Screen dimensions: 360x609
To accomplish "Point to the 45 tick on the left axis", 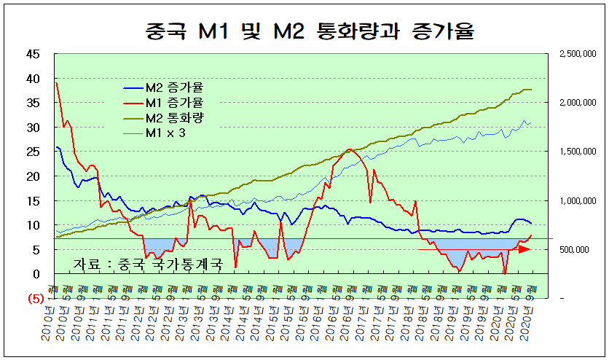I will (33, 53).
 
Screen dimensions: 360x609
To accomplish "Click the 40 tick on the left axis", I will (33, 78).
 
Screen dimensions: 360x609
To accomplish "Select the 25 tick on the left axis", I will (33, 152).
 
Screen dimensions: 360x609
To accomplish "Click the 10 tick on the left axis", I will (33, 225).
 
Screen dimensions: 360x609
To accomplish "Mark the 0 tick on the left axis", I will (36, 274).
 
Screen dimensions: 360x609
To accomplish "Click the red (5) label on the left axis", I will (34, 298).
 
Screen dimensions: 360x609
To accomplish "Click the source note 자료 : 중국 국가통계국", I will (146, 265).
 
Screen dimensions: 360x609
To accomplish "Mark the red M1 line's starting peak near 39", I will (56, 83).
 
